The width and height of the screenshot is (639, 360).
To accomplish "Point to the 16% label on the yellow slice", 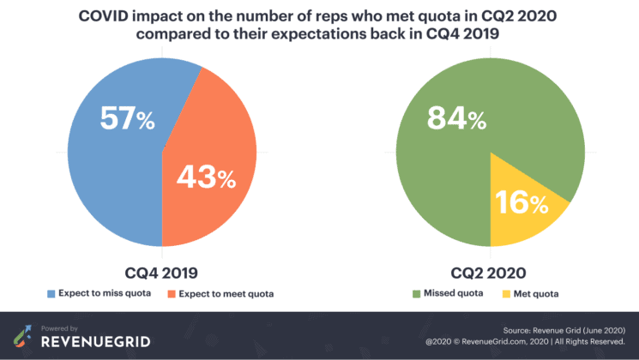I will pos(521,203).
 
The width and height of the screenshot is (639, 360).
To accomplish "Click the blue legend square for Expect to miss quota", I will pos(51,295).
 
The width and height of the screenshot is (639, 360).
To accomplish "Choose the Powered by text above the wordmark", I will pos(61,327).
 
